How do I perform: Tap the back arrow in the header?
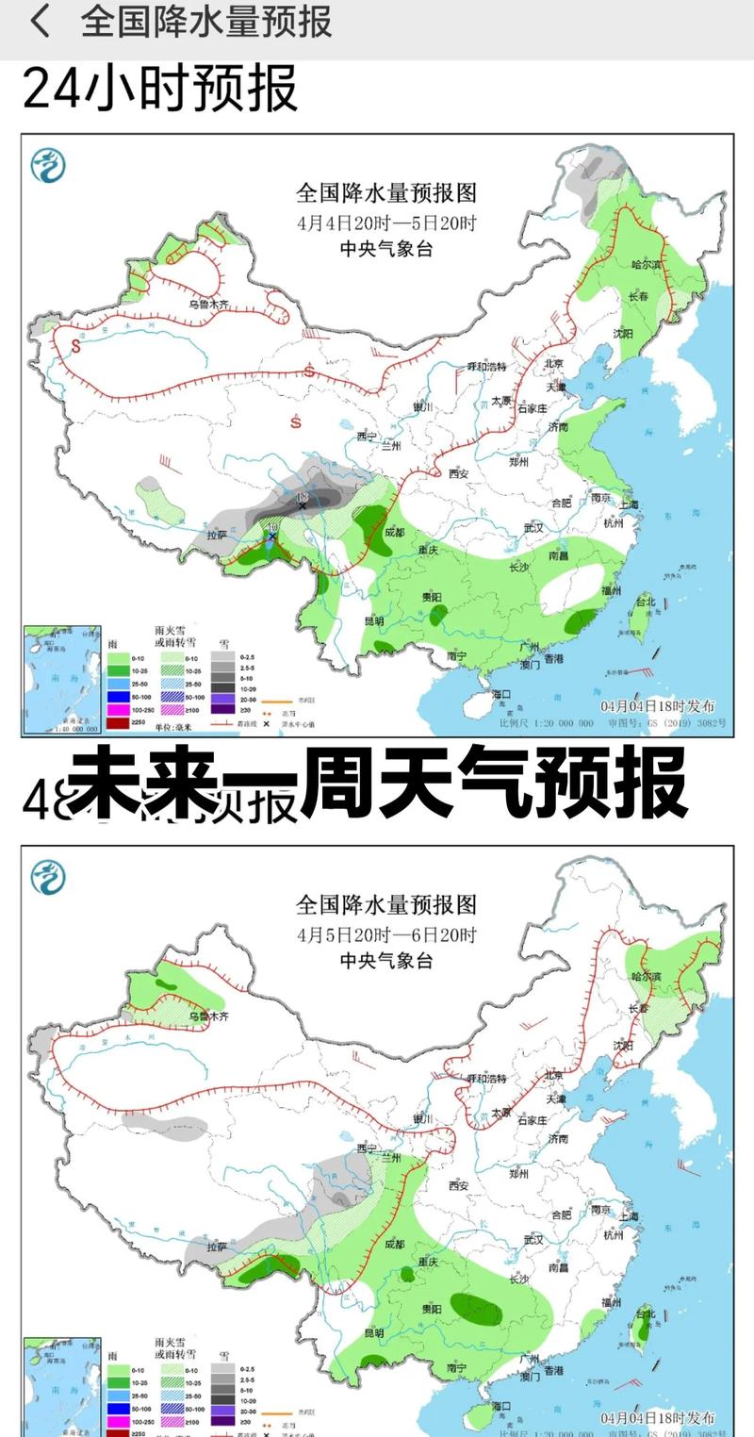[x=40, y=21]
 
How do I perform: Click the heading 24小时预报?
[x=160, y=90]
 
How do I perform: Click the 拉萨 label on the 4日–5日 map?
[x=217, y=535]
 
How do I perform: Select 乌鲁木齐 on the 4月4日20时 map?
[x=208, y=305]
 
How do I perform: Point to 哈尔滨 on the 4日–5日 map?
[x=647, y=266]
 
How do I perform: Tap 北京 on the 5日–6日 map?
[x=553, y=1075]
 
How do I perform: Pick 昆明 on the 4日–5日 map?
[x=373, y=621]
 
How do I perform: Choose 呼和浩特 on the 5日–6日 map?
[x=487, y=1077]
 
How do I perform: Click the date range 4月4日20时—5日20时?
[x=386, y=224]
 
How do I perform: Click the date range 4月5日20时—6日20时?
[x=386, y=936]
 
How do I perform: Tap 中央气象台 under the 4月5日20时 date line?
[x=386, y=961]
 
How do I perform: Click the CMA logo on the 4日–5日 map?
[x=48, y=166]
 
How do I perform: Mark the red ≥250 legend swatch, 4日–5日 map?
[x=118, y=722]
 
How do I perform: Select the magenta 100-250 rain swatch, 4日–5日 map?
[x=118, y=708]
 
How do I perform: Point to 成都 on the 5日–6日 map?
[x=398, y=1245]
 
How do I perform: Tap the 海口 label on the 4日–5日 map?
[x=499, y=694]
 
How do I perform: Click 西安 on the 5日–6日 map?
[x=459, y=1185]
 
